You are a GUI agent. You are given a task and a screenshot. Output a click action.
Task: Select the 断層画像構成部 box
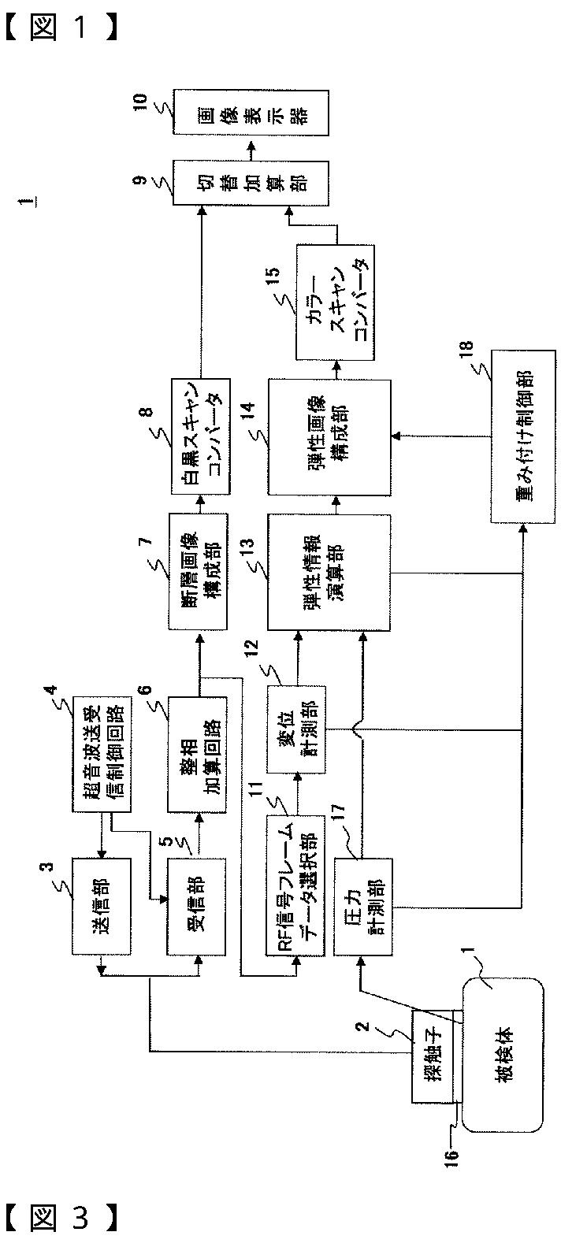coord(199,571)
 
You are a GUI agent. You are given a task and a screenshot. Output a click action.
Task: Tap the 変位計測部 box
coord(296,729)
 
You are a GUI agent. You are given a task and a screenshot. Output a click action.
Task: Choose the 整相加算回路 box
coord(197,754)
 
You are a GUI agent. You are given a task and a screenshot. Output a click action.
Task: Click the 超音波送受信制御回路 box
coord(101,754)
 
